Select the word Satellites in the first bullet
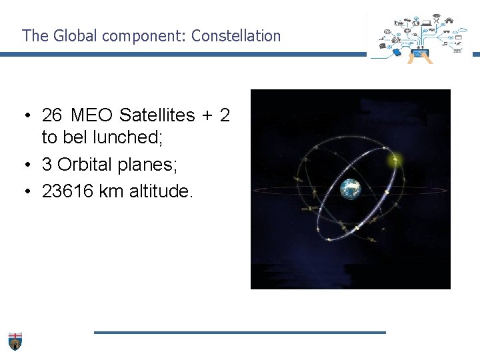coord(157,115)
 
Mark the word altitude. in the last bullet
coord(162,192)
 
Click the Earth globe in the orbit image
coord(350,189)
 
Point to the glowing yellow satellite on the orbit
coord(395,159)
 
